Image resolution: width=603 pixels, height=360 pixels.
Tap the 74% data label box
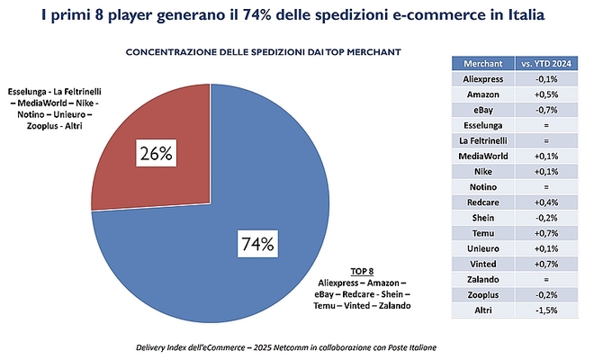click(x=256, y=243)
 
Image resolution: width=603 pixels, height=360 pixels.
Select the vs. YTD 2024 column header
click(x=547, y=64)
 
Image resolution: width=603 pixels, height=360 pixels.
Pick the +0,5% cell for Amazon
click(x=547, y=94)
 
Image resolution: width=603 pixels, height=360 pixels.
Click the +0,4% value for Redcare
click(x=547, y=202)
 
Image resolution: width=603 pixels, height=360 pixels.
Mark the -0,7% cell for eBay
click(x=547, y=110)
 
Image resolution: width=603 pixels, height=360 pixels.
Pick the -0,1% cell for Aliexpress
click(x=547, y=79)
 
